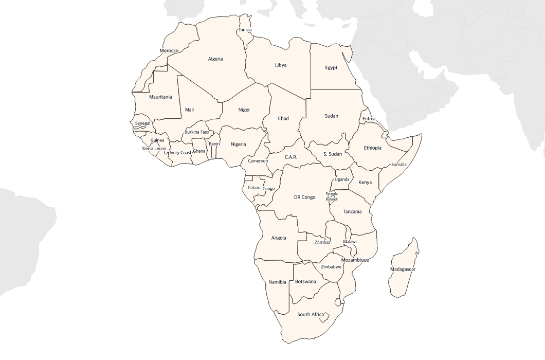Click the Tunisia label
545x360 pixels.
(x=245, y=30)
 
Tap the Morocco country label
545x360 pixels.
(x=169, y=51)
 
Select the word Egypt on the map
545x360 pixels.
(x=331, y=68)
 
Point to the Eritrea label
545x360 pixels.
(x=369, y=119)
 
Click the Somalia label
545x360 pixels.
(x=398, y=165)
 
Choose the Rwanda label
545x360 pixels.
(x=332, y=194)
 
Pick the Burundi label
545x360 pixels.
(x=332, y=199)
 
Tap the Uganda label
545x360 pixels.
(x=342, y=179)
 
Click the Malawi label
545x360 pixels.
(x=350, y=242)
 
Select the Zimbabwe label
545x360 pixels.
(x=331, y=267)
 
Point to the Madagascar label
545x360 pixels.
(x=403, y=269)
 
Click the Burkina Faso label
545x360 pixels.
(x=196, y=132)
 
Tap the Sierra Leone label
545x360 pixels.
(x=154, y=149)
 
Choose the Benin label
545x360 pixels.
(x=214, y=144)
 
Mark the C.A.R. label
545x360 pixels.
(x=291, y=157)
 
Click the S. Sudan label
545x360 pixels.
(x=333, y=154)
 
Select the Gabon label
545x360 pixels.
(x=254, y=188)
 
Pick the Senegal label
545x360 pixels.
(x=142, y=123)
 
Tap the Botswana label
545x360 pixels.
(x=305, y=282)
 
